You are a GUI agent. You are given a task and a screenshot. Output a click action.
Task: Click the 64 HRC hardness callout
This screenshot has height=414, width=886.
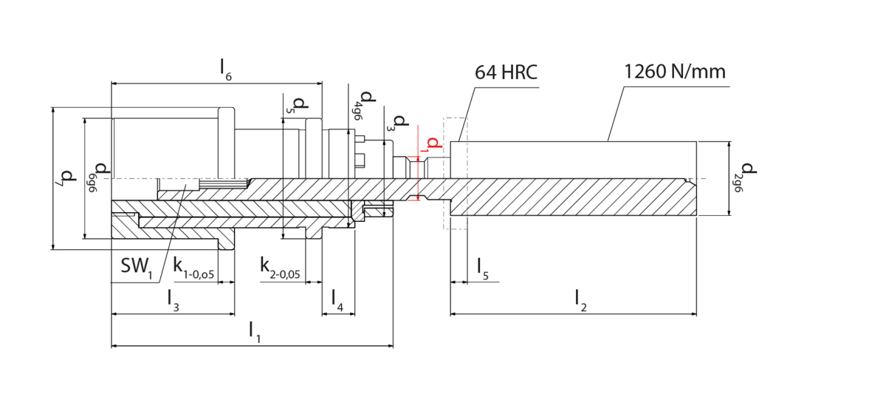coord(506,72)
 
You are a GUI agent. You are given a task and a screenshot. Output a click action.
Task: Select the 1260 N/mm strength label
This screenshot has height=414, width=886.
coord(675,72)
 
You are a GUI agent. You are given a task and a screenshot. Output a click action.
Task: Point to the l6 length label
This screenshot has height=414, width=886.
coord(226,69)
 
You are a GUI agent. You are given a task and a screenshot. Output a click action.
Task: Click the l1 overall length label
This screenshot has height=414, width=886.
coord(255,332)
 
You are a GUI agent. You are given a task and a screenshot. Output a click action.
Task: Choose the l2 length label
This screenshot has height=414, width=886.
coord(580,300)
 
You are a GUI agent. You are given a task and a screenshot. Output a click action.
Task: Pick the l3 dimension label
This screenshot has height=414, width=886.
coord(174,300)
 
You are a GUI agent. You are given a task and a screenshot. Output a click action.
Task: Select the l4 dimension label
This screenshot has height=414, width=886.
coord(337,300)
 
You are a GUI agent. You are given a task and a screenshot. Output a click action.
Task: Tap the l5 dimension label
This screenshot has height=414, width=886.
coord(483,269)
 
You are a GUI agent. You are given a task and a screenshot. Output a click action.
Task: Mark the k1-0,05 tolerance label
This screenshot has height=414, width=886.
coord(193,268)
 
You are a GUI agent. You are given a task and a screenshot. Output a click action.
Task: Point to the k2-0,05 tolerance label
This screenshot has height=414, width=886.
coord(280,268)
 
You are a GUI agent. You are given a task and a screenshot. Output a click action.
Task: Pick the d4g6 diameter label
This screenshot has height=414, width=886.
coord(363,106)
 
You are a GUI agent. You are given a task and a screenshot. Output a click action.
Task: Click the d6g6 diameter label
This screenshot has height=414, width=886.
coord(99,177)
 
